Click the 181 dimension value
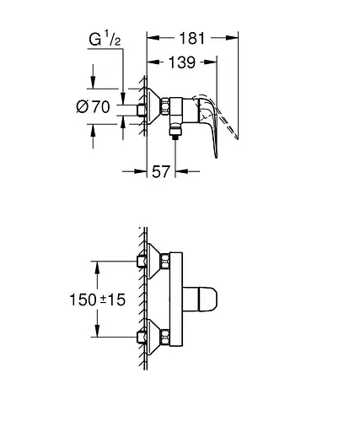pos(191,38)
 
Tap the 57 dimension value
pos(160,172)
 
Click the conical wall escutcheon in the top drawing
pos(150,108)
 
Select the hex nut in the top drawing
pos(165,108)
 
